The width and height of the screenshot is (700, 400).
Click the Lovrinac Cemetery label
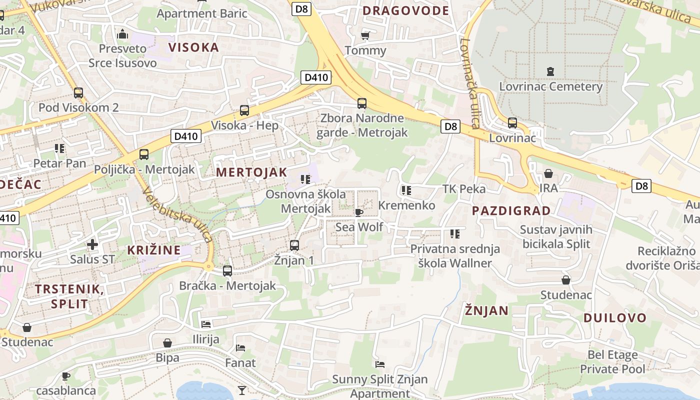point(550,86)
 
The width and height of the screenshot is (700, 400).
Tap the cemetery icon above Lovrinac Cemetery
point(550,71)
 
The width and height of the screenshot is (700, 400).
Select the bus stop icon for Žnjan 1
point(294,245)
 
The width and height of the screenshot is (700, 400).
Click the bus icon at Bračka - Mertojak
point(227,271)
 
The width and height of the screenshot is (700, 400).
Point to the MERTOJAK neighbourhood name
point(251,172)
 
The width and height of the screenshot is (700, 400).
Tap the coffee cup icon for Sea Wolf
point(359,212)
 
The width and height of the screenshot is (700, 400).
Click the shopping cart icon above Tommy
point(365,35)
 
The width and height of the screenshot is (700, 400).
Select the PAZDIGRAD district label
point(511,210)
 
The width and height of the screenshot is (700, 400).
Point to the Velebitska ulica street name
point(178,214)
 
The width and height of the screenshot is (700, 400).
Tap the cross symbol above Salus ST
point(92,244)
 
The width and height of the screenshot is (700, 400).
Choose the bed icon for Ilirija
point(206,324)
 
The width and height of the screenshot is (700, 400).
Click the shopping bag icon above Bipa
point(167,343)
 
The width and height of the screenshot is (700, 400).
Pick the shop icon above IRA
point(548,173)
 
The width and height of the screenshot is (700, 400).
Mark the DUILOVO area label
point(614,318)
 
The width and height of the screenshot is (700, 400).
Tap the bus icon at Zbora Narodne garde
point(362,103)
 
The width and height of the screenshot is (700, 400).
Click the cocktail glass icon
point(242,389)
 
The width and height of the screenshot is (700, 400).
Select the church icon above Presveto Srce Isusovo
point(122,34)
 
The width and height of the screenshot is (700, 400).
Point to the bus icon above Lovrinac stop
point(512,122)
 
